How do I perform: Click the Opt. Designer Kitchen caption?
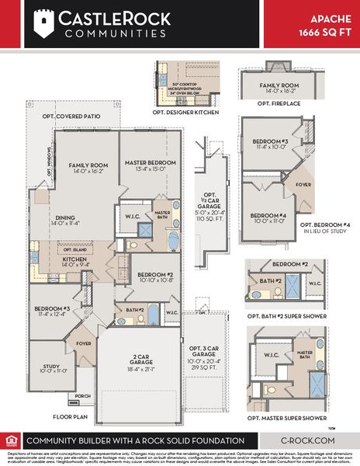tap(187, 113)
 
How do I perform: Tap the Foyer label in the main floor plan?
tap(83, 342)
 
